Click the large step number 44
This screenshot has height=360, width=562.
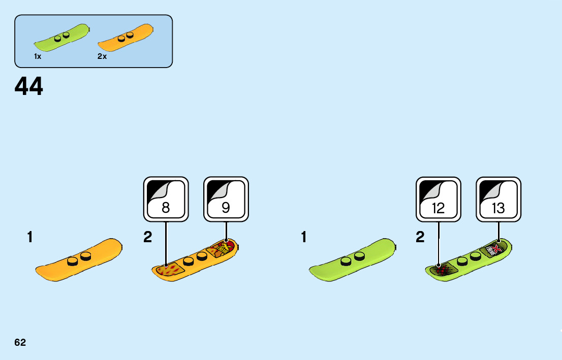29,87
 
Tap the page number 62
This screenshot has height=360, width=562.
20,342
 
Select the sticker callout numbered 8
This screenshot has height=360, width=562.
166,199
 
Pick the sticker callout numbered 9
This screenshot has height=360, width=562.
226,199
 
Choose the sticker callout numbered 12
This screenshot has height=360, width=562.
438,199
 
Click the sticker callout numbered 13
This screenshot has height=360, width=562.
498,199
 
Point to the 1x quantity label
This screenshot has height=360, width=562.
38,57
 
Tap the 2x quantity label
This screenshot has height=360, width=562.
102,57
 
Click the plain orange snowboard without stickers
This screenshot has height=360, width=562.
79,260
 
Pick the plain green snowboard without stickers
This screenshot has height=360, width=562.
352,260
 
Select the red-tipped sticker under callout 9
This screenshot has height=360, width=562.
223,249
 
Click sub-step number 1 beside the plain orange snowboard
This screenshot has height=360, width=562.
30,237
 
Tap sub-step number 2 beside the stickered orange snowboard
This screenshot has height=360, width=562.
147,237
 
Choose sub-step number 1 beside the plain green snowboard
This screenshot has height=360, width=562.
304,237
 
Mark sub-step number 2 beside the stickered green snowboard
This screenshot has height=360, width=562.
420,237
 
